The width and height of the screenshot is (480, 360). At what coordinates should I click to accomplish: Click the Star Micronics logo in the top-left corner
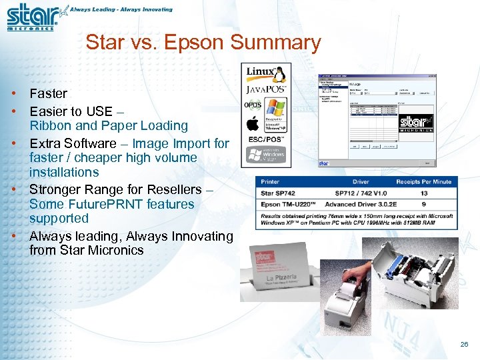[32, 17]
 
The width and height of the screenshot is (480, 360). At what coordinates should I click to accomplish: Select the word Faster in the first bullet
[48, 94]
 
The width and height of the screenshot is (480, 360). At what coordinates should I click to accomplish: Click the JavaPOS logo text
[266, 89]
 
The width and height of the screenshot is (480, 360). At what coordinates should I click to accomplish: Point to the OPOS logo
[253, 105]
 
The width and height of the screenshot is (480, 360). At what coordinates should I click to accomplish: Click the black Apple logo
[253, 123]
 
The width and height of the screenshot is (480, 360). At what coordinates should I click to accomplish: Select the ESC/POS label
[266, 140]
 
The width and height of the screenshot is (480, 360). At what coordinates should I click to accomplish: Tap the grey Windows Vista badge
[266, 155]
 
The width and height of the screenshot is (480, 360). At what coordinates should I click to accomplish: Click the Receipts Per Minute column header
[423, 181]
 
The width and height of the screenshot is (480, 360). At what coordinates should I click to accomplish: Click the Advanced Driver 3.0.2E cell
[361, 204]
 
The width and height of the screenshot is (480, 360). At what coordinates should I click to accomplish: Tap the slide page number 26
[464, 345]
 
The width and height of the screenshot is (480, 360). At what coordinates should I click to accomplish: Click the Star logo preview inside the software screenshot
[416, 124]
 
